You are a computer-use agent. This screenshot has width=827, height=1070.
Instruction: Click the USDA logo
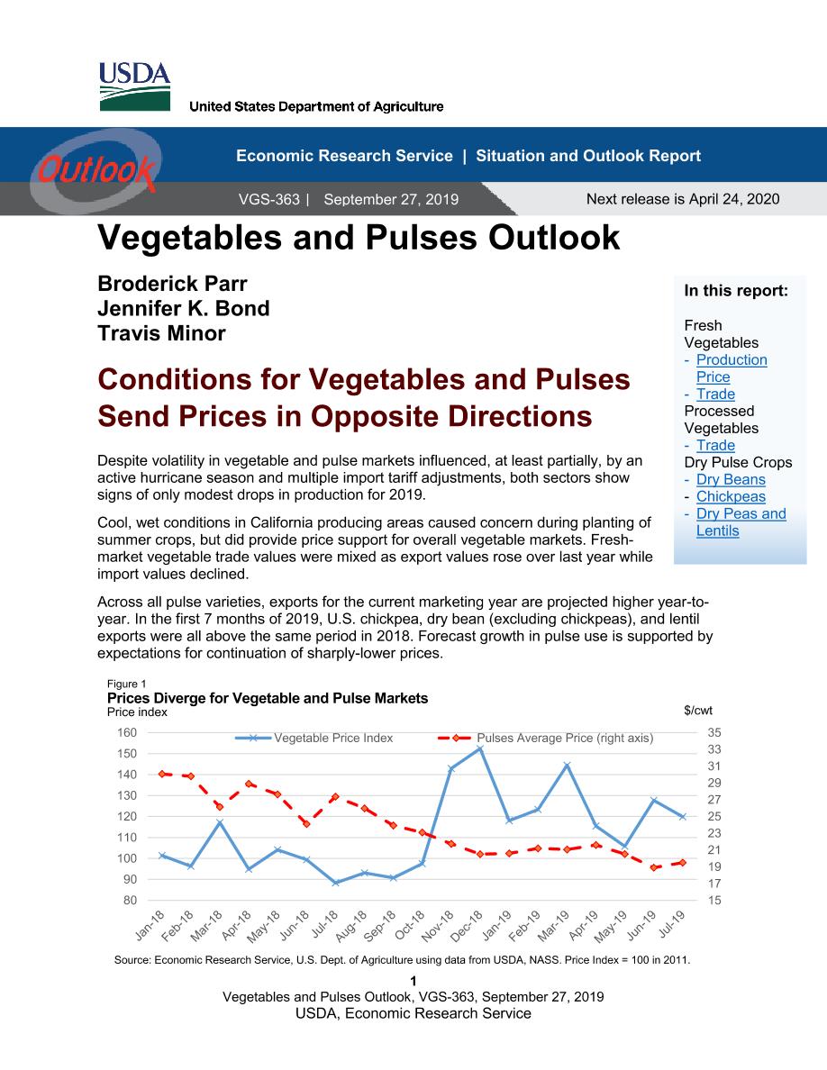(x=134, y=86)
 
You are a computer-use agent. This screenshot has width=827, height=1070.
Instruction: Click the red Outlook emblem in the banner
(x=95, y=168)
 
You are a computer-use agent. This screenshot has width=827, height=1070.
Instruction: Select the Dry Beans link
(x=731, y=480)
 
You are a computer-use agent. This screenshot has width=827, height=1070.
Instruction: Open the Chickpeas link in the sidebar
(x=731, y=497)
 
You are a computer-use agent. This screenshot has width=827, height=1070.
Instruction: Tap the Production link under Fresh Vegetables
(x=732, y=359)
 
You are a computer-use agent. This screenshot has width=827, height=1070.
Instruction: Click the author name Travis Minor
(x=161, y=333)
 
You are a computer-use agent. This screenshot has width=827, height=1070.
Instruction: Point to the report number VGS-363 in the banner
(x=268, y=199)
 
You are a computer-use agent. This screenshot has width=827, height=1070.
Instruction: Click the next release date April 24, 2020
(x=734, y=198)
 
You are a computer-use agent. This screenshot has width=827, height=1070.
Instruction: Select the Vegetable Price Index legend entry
(x=314, y=738)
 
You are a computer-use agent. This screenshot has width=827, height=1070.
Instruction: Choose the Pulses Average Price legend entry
(x=545, y=738)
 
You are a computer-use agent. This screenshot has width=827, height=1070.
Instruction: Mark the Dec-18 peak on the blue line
(x=479, y=748)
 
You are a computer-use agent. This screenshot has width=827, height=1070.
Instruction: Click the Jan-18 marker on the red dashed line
(x=162, y=774)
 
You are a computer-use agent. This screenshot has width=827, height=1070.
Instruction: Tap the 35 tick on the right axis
(x=713, y=732)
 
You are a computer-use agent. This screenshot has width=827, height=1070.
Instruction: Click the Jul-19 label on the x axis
(x=672, y=923)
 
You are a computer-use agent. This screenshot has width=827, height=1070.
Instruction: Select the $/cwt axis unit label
(x=697, y=711)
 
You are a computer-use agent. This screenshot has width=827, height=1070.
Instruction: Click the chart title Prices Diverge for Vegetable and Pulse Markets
(x=268, y=698)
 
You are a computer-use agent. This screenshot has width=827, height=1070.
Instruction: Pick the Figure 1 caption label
(x=126, y=684)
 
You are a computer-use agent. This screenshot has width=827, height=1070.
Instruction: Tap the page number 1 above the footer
(x=413, y=982)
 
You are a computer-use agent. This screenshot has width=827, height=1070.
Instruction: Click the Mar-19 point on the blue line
(x=567, y=766)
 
